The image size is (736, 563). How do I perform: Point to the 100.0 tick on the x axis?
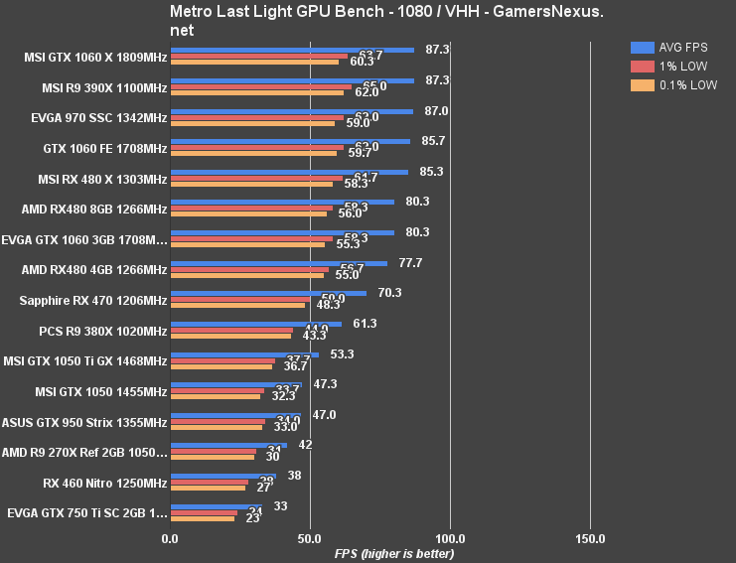tap(450, 538)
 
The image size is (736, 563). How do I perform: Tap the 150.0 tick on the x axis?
tap(590, 538)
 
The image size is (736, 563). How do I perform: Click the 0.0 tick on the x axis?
tap(171, 538)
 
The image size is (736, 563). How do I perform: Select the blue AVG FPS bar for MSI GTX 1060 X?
tap(292, 49)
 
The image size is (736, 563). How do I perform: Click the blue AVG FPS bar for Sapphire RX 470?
tap(268, 293)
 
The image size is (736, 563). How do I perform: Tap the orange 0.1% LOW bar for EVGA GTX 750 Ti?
tap(203, 519)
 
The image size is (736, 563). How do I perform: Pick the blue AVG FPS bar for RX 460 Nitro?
tap(223, 476)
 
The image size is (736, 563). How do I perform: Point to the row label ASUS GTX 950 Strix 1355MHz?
tap(84, 422)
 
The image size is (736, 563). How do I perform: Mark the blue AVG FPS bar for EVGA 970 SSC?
tap(291, 111)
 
